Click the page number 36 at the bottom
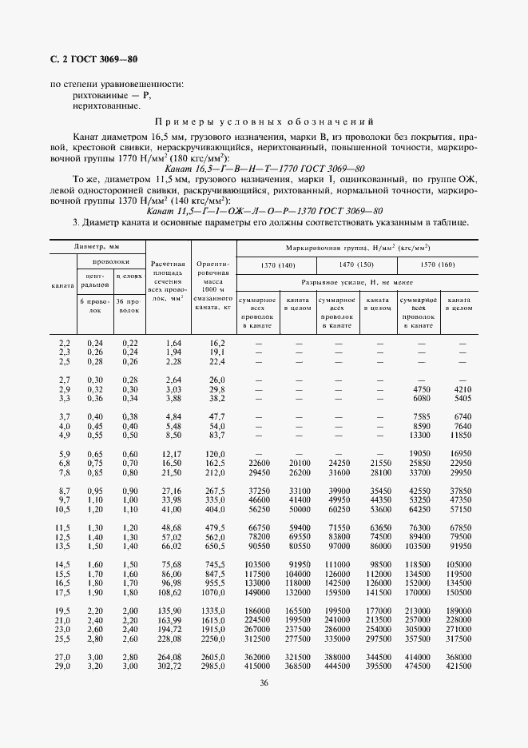coord(264,682)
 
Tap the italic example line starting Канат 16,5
coord(264,169)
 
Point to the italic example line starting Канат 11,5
coord(264,211)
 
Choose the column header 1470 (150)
coord(356,265)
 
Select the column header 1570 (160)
coord(437,265)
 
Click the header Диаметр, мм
coord(97,248)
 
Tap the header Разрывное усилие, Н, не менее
coord(356,283)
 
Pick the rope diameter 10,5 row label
coord(62,509)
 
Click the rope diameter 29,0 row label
coord(62,666)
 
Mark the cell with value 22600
coord(261,463)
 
